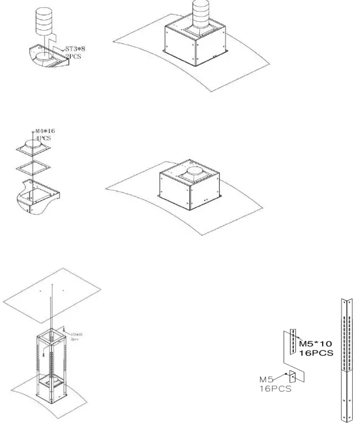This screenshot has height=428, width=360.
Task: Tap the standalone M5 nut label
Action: (267, 380)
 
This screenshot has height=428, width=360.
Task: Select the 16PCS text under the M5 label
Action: (275, 390)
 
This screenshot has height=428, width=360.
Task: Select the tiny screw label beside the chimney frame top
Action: (76, 336)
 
